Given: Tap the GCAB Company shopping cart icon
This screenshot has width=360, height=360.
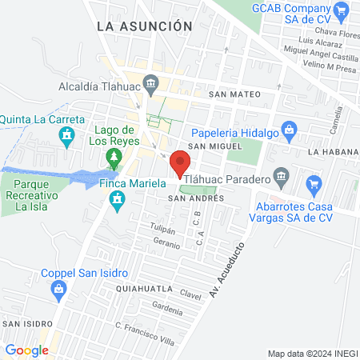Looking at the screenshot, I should pyautogui.click(x=342, y=10).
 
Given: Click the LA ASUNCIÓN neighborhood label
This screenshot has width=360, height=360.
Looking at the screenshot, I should pyautogui.click(x=144, y=26).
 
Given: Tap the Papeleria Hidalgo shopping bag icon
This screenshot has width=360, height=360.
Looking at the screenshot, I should pyautogui.click(x=290, y=127).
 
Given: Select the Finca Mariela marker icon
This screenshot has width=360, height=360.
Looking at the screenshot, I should pyautogui.click(x=118, y=198).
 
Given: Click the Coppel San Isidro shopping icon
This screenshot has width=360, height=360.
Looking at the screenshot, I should pyautogui.click(x=58, y=293).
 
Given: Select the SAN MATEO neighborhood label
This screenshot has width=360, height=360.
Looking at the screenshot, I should pyautogui.click(x=235, y=94).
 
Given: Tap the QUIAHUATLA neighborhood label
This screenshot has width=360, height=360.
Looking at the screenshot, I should pyautogui.click(x=143, y=286).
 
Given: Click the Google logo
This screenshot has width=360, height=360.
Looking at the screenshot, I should pyautogui.click(x=26, y=350).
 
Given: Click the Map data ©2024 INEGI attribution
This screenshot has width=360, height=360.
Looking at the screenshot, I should pyautogui.click(x=311, y=354).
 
